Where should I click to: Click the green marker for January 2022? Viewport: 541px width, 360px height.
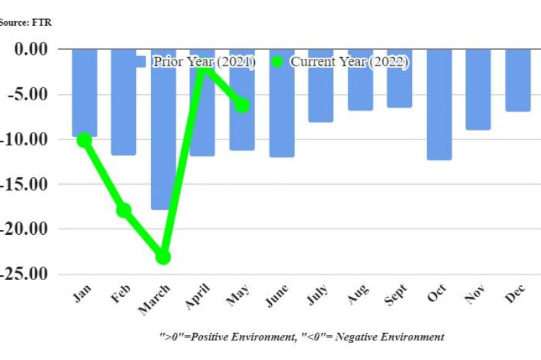[x=84, y=140]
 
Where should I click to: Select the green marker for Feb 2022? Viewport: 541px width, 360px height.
[x=124, y=210]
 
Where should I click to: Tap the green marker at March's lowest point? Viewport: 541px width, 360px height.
[x=163, y=257]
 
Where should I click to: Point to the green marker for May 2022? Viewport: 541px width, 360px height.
[x=242, y=105]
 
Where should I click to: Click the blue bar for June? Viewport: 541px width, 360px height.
[x=281, y=103]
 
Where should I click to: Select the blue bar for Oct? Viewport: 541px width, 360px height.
[x=439, y=104]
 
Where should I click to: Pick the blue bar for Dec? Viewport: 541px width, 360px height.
[x=518, y=80]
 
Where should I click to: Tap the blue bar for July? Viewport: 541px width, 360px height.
[x=321, y=85]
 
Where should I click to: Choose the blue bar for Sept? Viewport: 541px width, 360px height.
[x=400, y=78]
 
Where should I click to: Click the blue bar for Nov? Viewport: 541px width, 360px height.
[x=478, y=89]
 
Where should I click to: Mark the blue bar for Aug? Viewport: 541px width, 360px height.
[x=360, y=80]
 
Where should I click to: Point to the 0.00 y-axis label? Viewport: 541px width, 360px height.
[x=30, y=49]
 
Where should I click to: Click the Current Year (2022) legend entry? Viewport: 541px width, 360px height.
[x=349, y=62]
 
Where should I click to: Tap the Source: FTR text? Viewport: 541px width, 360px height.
[x=25, y=22]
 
